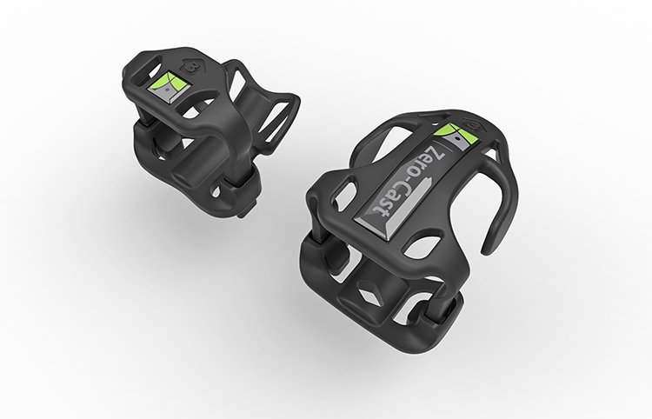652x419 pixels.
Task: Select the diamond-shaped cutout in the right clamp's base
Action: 369,293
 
